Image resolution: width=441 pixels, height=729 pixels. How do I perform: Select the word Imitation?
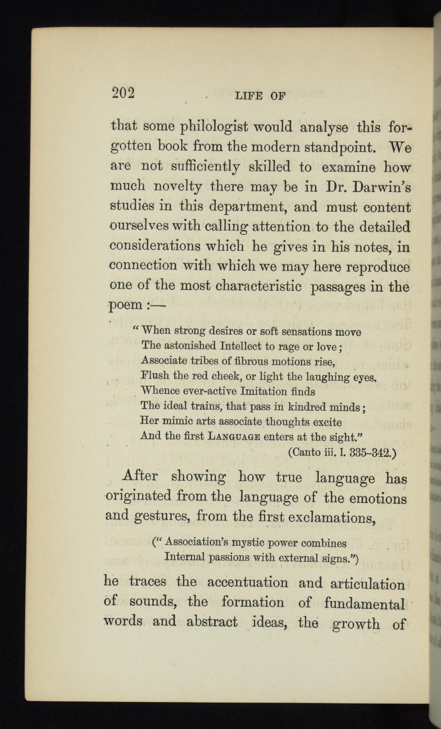[263, 392]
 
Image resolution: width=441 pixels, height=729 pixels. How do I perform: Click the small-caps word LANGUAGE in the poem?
[233, 437]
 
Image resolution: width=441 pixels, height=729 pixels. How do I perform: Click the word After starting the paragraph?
[140, 475]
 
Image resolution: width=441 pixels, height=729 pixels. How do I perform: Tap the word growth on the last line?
[356, 624]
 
